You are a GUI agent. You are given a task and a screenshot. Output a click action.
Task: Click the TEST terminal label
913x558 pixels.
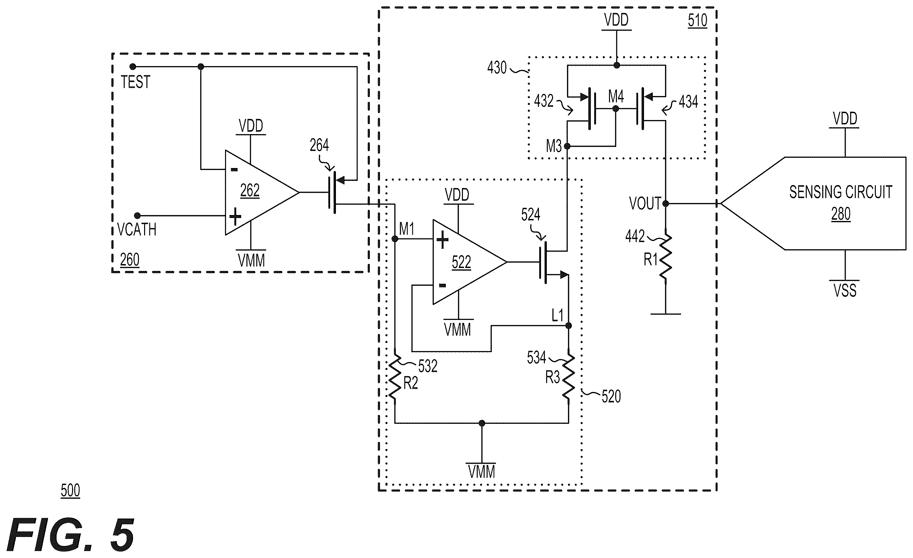(x=136, y=82)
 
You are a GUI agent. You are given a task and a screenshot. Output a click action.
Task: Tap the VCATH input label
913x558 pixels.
(x=137, y=230)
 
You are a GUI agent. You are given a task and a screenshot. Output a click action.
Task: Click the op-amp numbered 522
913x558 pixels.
(x=469, y=262)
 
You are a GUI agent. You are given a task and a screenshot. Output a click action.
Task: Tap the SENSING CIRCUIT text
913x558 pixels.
(x=840, y=192)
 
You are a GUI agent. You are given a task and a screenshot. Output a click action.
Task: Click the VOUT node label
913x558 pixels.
(x=645, y=203)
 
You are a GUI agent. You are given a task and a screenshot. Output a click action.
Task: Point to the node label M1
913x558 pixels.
(x=406, y=229)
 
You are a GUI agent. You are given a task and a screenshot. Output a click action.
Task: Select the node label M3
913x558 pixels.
(x=554, y=146)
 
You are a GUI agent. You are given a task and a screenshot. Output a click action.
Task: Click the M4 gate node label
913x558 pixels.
(x=616, y=97)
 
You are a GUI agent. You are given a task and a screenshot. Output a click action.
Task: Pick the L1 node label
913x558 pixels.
(x=558, y=315)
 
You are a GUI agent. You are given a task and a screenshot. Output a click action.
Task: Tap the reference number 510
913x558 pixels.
(x=697, y=21)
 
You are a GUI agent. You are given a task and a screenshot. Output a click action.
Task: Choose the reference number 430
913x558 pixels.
(x=497, y=68)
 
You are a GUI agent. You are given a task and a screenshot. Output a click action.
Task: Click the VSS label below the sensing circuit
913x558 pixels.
(x=845, y=290)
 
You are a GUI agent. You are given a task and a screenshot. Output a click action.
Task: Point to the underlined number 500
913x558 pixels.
(x=70, y=490)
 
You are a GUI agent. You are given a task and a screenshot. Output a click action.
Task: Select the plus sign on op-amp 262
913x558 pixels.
(x=235, y=216)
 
